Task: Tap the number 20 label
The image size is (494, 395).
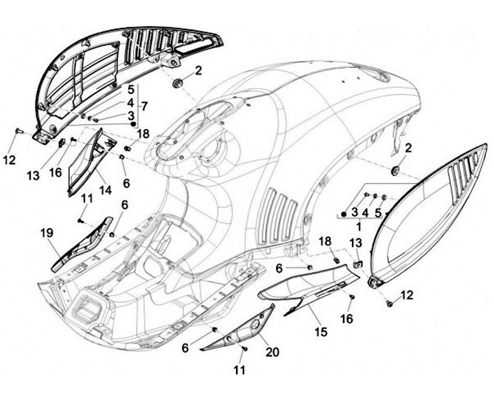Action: tap(272, 352)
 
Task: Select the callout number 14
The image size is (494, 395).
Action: tap(104, 190)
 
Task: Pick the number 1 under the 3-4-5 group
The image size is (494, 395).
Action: tap(357, 225)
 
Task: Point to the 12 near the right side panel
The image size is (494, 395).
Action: tap(407, 295)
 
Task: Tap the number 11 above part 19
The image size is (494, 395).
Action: tap(87, 199)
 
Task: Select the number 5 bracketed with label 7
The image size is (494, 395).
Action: tap(130, 89)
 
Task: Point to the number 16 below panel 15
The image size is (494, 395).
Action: tap(346, 319)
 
